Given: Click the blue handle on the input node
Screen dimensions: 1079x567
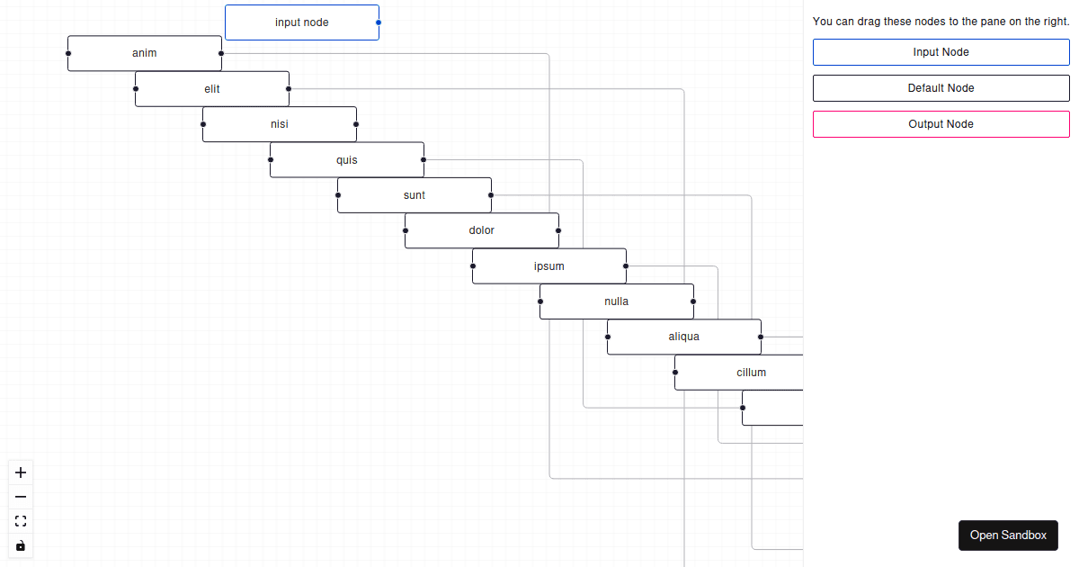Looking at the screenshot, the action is point(379,22).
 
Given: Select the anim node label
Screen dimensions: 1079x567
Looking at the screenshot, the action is point(145,53).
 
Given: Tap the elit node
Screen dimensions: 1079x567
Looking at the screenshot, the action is point(212,89).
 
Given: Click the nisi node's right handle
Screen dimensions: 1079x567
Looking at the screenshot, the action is point(356,124).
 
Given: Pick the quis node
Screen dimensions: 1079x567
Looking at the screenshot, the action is point(347,159).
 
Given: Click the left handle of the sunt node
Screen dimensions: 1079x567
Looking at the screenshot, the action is point(338,195).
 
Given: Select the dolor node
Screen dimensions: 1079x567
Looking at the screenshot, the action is point(482,230).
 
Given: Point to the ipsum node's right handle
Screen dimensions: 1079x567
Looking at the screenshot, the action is point(626,266).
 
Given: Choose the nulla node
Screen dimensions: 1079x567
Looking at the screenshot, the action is point(617,301).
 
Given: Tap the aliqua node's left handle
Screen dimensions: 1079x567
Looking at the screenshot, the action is point(608,337).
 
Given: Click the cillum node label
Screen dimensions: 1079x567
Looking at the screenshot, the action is point(751,373).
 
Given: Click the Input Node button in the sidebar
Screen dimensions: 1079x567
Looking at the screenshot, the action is point(941,52).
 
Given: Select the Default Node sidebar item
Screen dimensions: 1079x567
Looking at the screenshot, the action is point(941,88).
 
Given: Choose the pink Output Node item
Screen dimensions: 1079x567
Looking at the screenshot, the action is point(941,124).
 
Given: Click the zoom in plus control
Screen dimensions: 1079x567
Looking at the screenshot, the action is point(21,472).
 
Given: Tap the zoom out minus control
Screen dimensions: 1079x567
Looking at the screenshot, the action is point(21,497).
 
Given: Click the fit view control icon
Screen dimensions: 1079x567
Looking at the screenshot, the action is point(21,521).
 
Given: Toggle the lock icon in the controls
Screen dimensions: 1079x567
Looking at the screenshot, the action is point(21,545).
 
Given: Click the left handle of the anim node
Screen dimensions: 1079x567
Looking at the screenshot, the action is point(68,53).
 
